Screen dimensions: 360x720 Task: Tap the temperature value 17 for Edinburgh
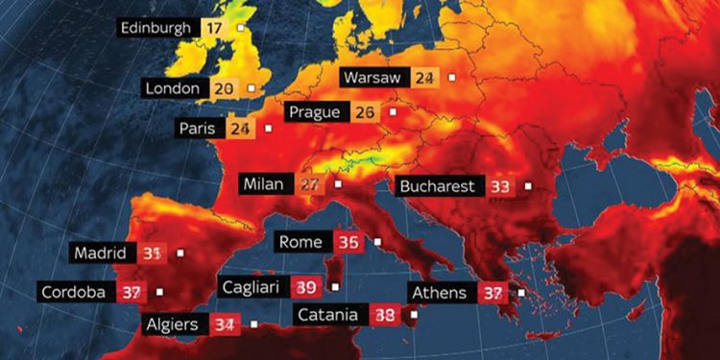[x=214, y=27]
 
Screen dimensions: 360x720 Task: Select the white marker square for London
[x=251, y=88]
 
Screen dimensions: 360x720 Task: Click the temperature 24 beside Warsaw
[x=424, y=77]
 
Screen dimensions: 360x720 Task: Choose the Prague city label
[x=314, y=112]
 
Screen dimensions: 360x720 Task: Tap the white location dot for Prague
[x=391, y=112]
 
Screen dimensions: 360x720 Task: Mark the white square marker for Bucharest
[x=527, y=186]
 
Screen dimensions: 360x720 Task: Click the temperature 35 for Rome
[x=349, y=242]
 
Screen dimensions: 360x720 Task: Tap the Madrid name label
[x=101, y=253]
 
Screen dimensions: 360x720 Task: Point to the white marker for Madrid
[x=180, y=253]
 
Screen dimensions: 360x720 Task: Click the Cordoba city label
[x=73, y=292]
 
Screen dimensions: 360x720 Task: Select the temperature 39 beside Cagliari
[x=306, y=286]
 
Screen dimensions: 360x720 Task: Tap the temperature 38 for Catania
[x=385, y=314]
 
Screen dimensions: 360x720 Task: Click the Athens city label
[x=439, y=293]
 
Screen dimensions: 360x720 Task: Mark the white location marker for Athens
[x=521, y=293]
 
